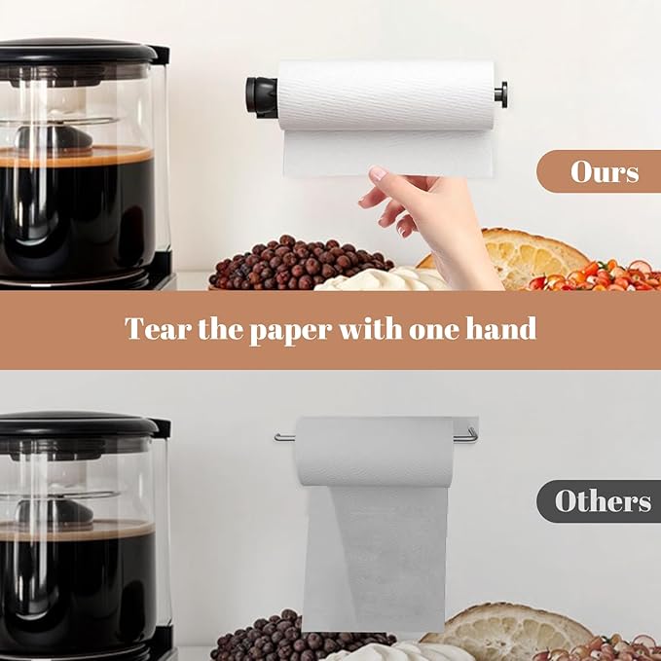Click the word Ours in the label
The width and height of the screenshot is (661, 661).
(x=604, y=172)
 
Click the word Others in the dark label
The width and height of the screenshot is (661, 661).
(x=603, y=501)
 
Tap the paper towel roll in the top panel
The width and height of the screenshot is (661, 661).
(x=384, y=95)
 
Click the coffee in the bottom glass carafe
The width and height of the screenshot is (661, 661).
(x=78, y=574)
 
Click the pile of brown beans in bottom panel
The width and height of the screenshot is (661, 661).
(x=282, y=638)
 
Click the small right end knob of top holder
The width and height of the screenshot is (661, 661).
(x=500, y=94)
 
